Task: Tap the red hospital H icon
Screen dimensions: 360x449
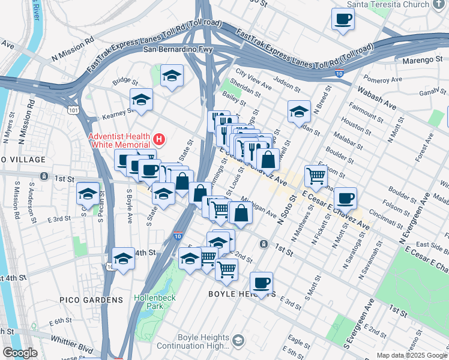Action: (158, 140)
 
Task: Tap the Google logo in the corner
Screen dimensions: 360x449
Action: (19, 353)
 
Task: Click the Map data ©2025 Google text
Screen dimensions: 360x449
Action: (412, 355)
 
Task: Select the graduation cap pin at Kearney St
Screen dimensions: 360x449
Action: (141, 99)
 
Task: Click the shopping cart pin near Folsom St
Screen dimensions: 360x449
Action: (316, 176)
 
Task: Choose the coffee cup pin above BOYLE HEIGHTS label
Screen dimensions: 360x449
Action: (261, 283)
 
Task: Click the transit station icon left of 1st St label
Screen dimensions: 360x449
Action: (44, 176)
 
